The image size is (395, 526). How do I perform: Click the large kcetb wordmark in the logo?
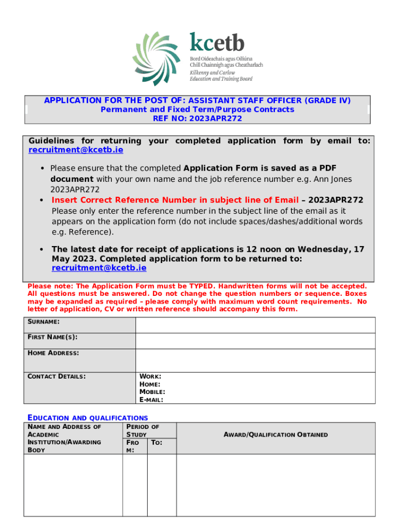pyautogui.click(x=217, y=42)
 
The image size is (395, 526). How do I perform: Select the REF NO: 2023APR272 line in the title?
pyautogui.click(x=197, y=118)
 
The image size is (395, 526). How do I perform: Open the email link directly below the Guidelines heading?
pyautogui.click(x=75, y=150)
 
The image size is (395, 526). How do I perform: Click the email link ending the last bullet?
pyautogui.click(x=99, y=268)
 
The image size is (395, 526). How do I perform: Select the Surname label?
pyautogui.click(x=43, y=322)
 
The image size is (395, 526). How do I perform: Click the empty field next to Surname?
pyautogui.click(x=255, y=325)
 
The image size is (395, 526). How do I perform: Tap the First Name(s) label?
pyautogui.click(x=52, y=337)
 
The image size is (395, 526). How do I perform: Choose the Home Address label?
pyautogui.click(x=53, y=353)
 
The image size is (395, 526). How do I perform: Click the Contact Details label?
pyautogui.click(x=56, y=377)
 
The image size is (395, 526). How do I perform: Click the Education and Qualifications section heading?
pyautogui.click(x=87, y=418)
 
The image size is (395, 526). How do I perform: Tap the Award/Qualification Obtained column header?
pyautogui.click(x=275, y=435)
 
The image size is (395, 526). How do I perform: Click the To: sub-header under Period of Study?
pyautogui.click(x=157, y=442)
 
